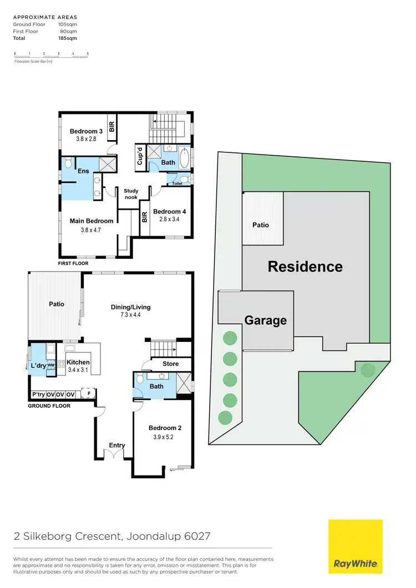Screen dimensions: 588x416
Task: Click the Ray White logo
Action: click(x=355, y=546)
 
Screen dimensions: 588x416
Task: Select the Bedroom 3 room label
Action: click(x=86, y=131)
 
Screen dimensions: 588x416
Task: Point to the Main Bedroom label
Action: click(x=92, y=221)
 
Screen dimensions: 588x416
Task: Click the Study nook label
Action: click(x=131, y=193)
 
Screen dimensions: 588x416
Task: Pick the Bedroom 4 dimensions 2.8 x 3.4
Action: click(x=167, y=219)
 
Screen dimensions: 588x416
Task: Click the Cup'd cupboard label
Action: click(x=140, y=155)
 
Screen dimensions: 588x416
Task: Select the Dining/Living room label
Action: click(x=131, y=307)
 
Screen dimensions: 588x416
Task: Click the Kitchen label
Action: click(x=78, y=362)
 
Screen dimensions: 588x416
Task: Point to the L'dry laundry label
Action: click(x=38, y=366)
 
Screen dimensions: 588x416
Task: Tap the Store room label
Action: click(x=170, y=364)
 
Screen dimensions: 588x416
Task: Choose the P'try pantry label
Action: click(x=38, y=395)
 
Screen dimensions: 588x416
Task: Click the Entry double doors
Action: click(x=116, y=454)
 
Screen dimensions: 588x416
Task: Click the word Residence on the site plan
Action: click(x=305, y=267)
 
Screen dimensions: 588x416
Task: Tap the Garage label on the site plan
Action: click(x=266, y=320)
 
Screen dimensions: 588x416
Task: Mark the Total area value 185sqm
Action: click(x=68, y=38)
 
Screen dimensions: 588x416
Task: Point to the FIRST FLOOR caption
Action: click(x=73, y=263)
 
